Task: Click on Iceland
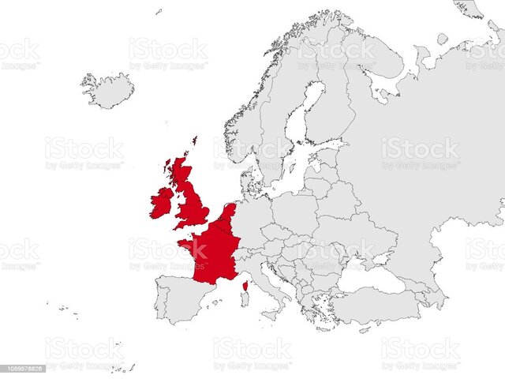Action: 107,89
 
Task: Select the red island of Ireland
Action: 162,202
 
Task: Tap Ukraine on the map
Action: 355,233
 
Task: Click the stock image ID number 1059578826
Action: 22,368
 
